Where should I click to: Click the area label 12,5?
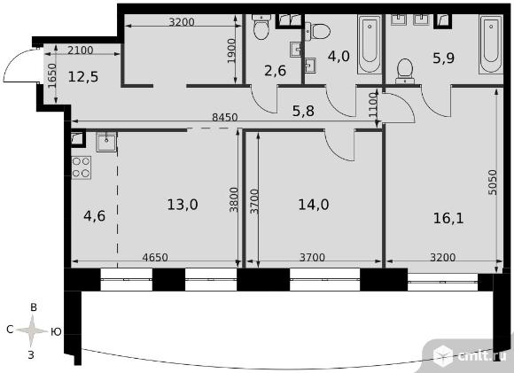pyautogui.click(x=83, y=77)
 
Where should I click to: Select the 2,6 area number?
pyautogui.click(x=275, y=71)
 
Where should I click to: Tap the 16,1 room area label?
pyautogui.click(x=448, y=218)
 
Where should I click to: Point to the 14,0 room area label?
pyautogui.click(x=314, y=205)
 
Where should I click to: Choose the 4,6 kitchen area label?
pyautogui.click(x=95, y=216)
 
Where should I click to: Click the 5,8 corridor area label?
pyautogui.click(x=303, y=111)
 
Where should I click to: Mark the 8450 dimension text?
pyautogui.click(x=224, y=117)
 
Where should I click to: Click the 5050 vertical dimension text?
pyautogui.click(x=493, y=183)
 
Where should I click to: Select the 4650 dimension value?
pyautogui.click(x=155, y=257)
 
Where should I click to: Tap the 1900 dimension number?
pyautogui.click(x=231, y=51)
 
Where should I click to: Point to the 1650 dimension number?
pyautogui.click(x=52, y=76)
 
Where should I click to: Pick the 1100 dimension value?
pyautogui.click(x=373, y=105)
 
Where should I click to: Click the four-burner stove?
pyautogui.click(x=82, y=167)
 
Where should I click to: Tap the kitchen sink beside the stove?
pyautogui.click(x=106, y=142)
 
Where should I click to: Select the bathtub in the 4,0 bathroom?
pyautogui.click(x=370, y=44)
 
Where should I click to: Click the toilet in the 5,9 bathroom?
pyautogui.click(x=405, y=72)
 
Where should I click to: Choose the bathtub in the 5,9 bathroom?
pyautogui.click(x=491, y=44)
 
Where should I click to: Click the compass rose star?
pyautogui.click(x=32, y=330)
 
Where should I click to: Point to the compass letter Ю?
pyautogui.click(x=56, y=332)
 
